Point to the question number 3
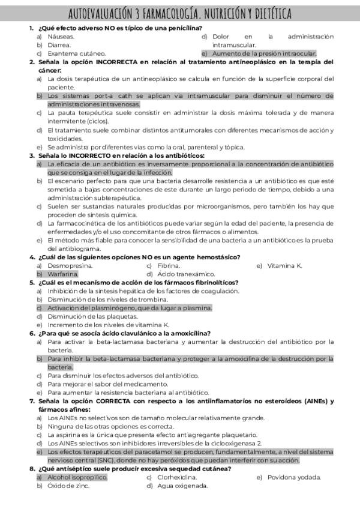coord(31,155)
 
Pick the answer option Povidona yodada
coord(293,477)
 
